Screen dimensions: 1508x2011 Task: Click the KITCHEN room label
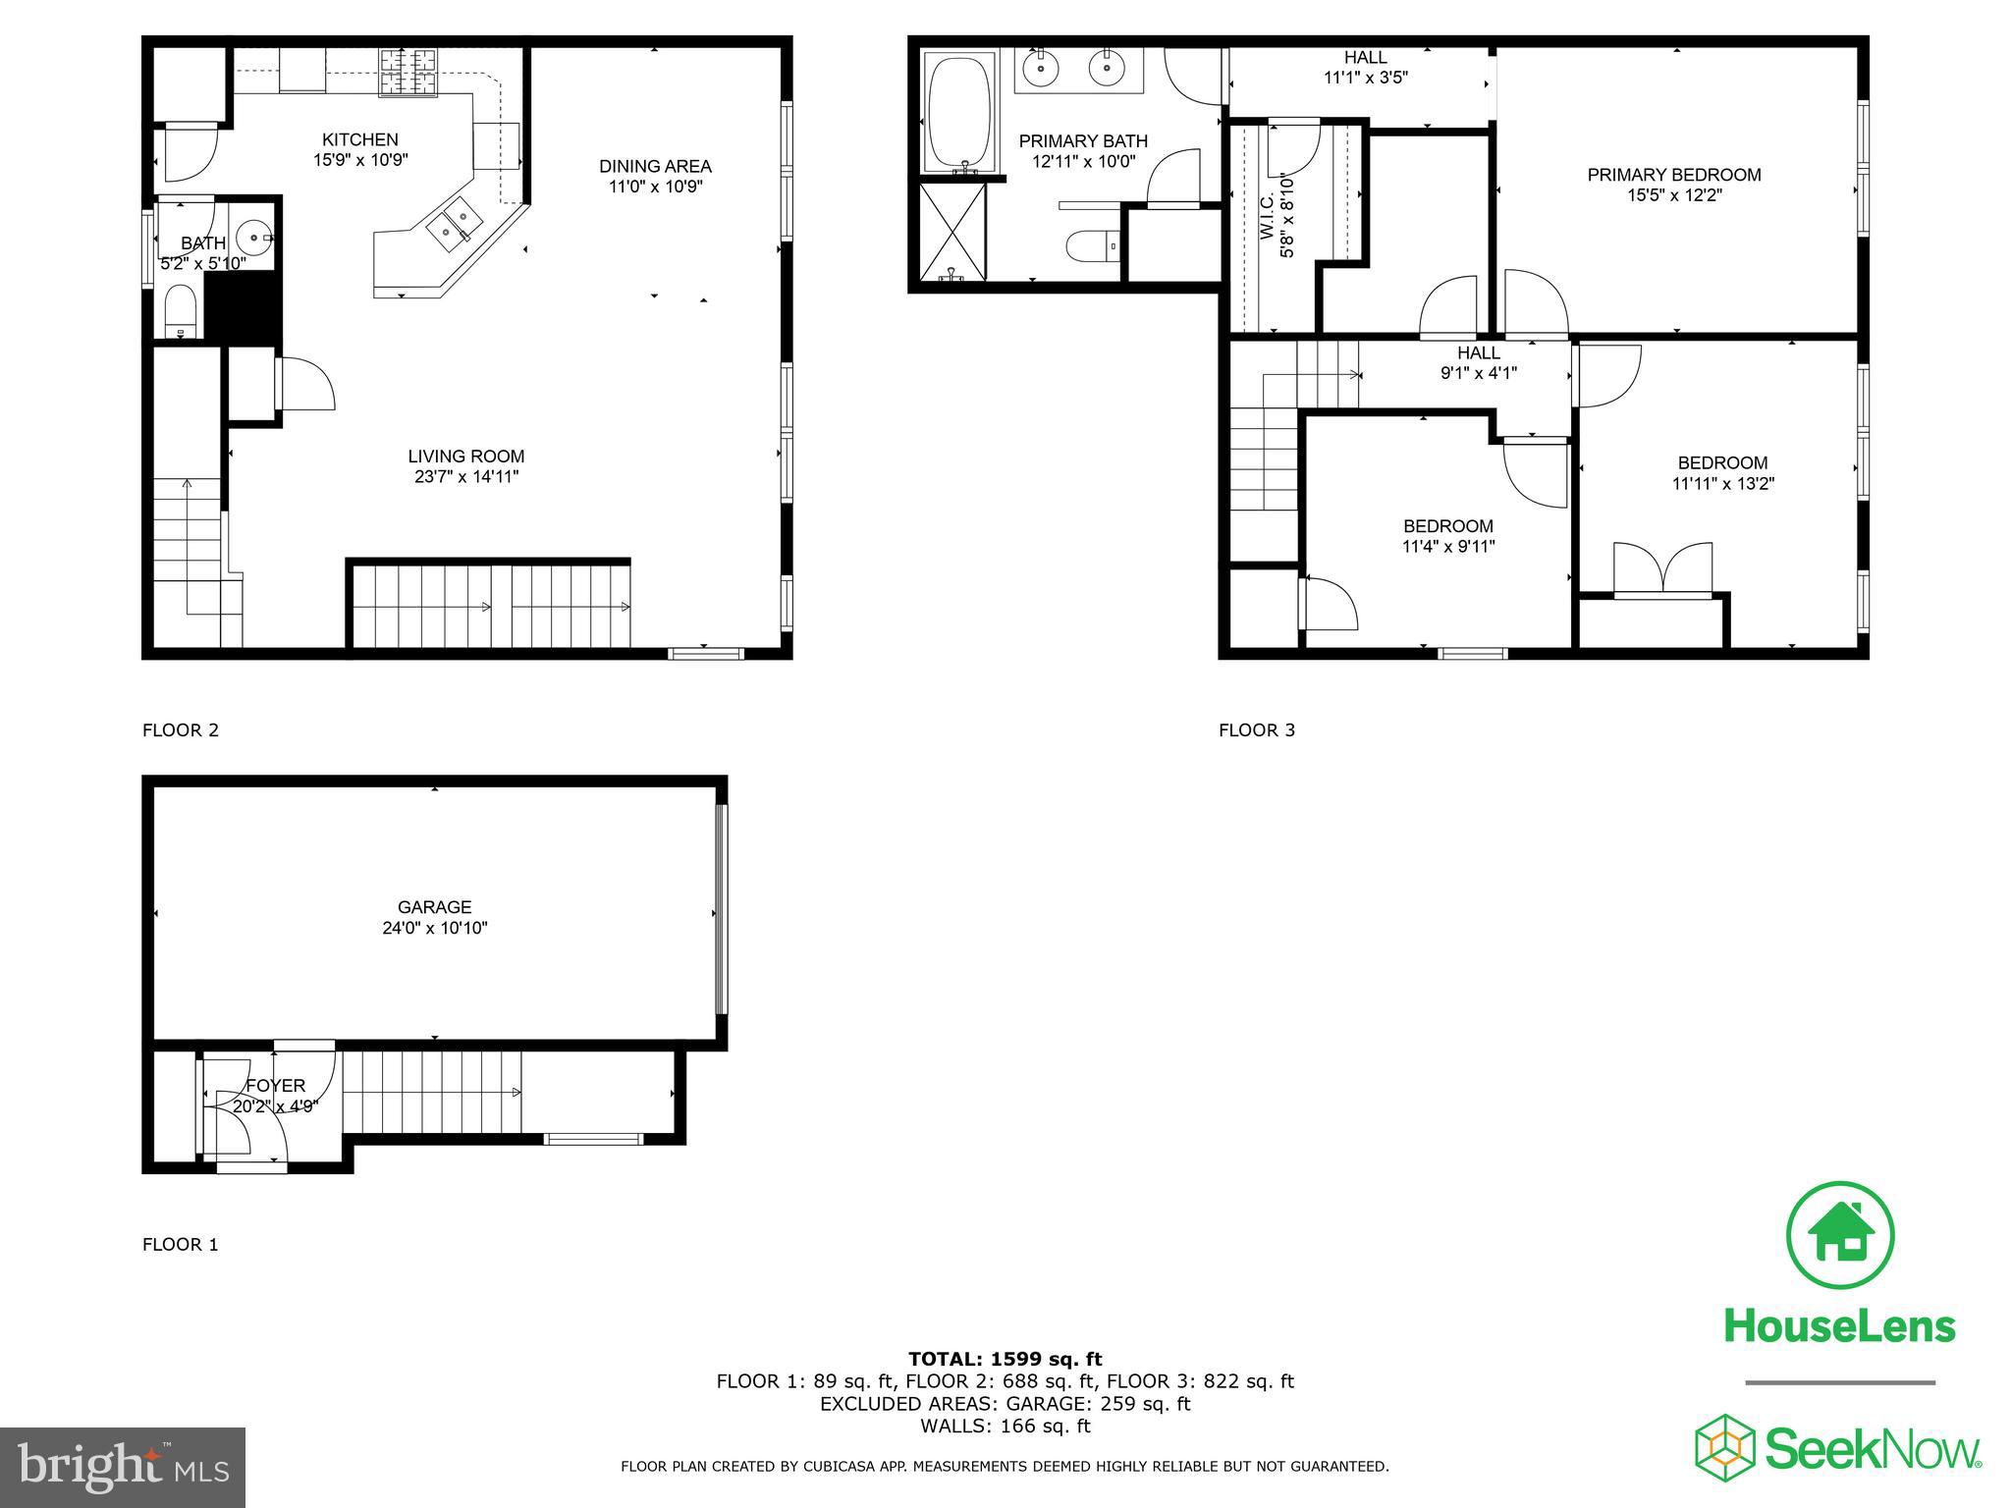pos(360,139)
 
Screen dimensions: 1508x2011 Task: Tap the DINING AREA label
pos(655,166)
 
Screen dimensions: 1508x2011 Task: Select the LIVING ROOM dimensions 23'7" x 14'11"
pos(465,477)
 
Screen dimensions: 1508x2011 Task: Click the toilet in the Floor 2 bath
pos(182,310)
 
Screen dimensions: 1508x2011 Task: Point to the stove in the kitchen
pos(408,72)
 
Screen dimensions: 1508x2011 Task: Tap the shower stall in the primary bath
pos(951,232)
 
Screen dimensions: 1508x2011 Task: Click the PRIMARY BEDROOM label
pos(1674,175)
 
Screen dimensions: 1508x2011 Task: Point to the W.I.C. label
pos(1266,216)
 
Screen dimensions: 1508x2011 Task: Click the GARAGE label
pos(434,907)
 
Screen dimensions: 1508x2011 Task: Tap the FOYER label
pos(275,1085)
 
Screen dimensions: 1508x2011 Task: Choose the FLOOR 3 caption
pos(1256,729)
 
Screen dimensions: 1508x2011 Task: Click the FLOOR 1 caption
pos(180,1244)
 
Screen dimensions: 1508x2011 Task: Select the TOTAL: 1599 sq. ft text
pos(1005,1359)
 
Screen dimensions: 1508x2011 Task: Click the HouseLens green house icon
pos(1839,1235)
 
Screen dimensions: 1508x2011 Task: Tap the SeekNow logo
pos(1837,1448)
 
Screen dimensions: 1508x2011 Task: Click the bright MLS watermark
pos(123,1468)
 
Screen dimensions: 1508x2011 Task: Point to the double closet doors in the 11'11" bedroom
pos(1663,571)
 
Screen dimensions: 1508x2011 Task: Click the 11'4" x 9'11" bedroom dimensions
pos(1447,547)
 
